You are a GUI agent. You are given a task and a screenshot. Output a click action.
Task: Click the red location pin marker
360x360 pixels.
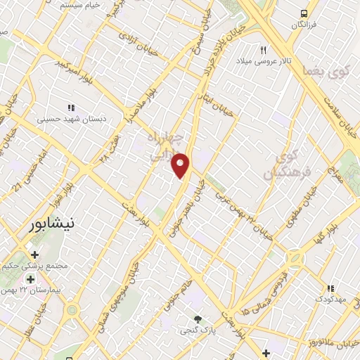(181, 165)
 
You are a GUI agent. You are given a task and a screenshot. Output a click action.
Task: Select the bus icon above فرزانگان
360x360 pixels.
(303, 13)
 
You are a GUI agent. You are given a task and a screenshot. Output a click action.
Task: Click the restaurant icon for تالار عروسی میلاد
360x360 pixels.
(264, 50)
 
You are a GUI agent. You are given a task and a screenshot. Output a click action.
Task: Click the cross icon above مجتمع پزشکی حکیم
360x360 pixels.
(34, 254)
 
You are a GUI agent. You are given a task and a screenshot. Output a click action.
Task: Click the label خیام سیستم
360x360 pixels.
(78, 6)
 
